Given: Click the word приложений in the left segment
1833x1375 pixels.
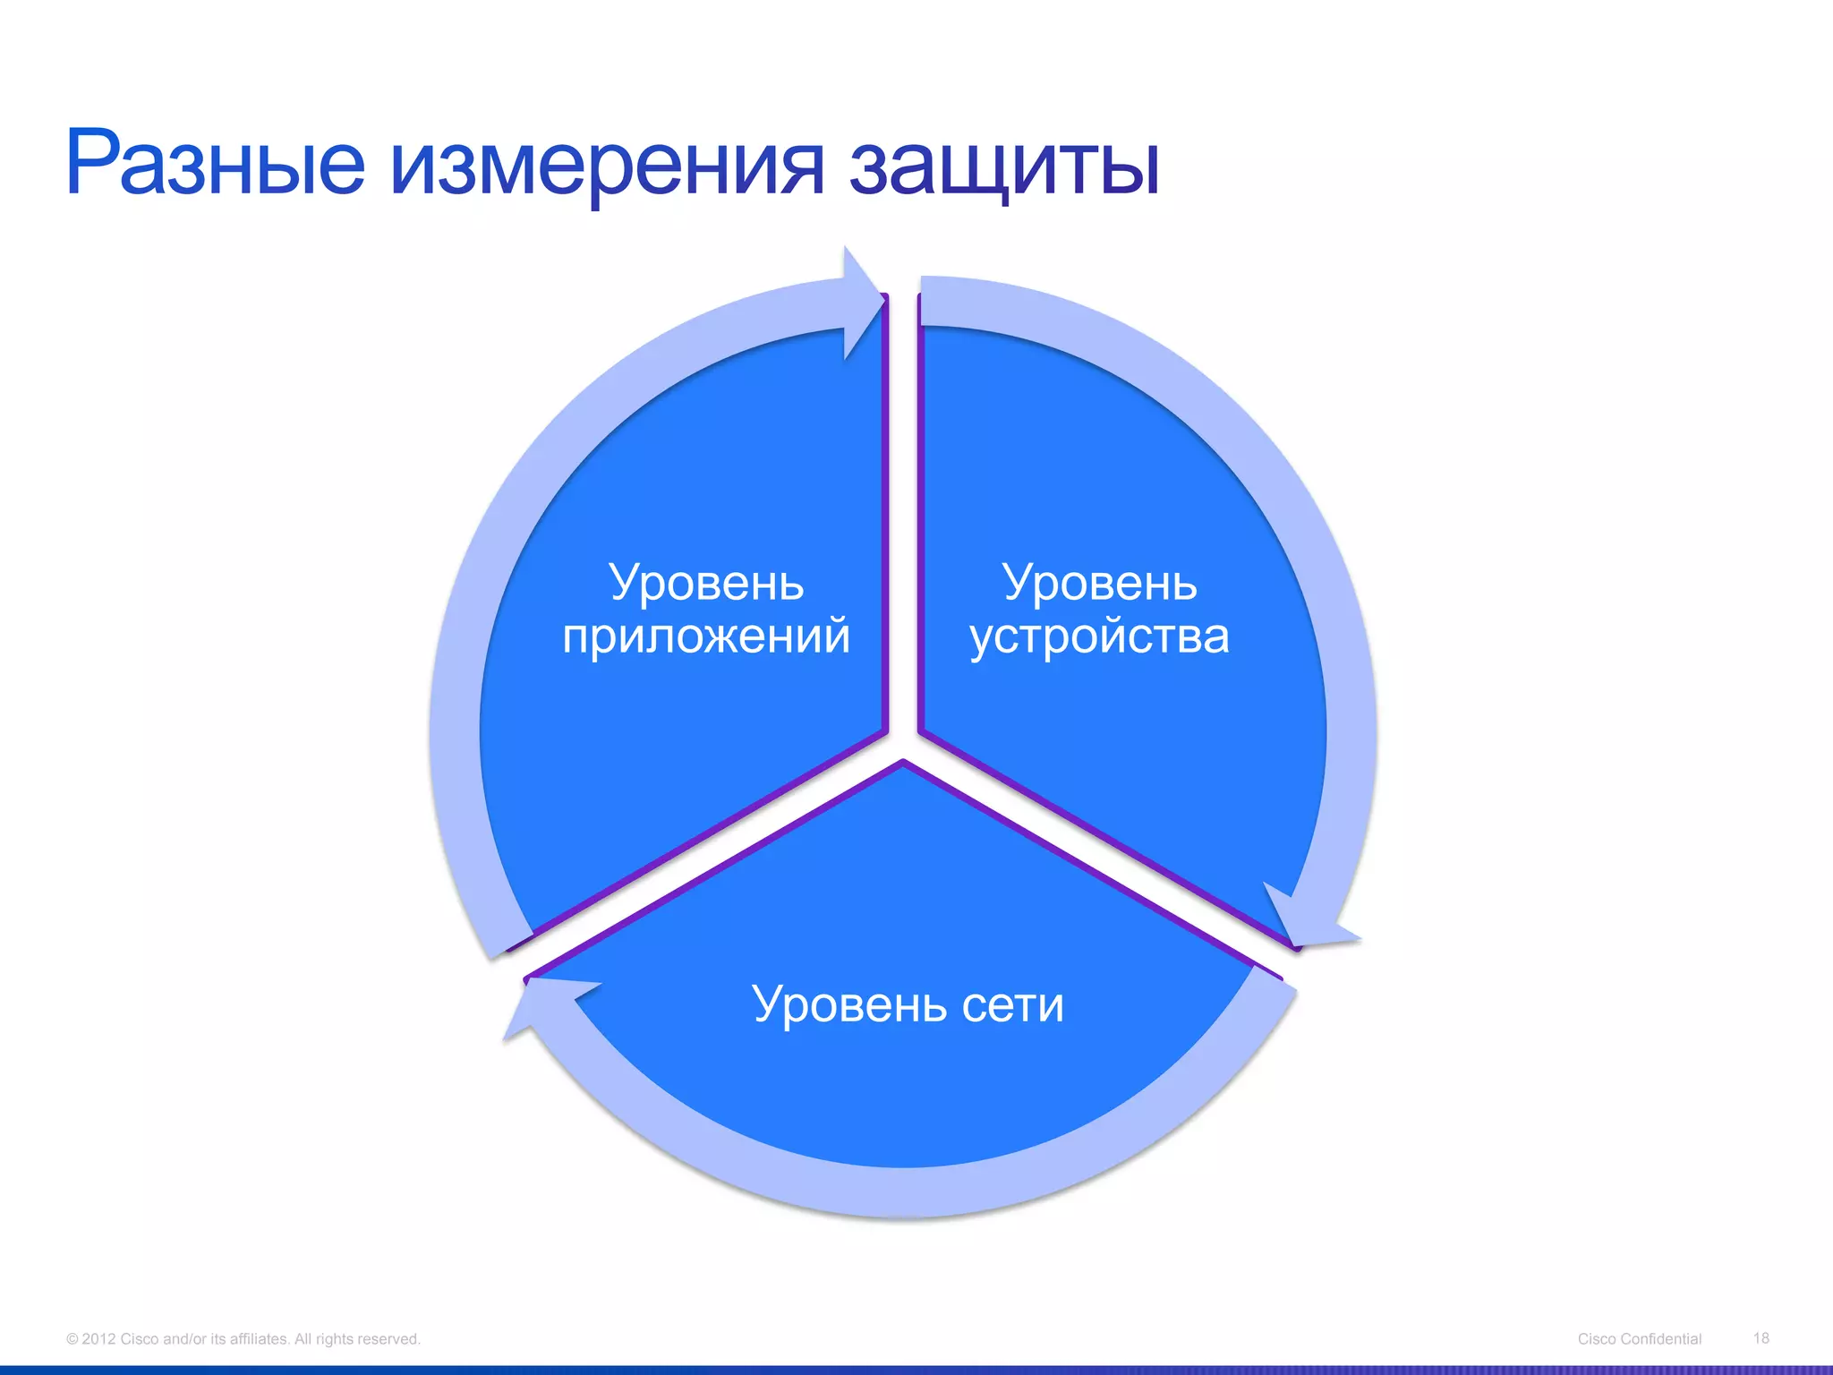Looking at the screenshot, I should (706, 637).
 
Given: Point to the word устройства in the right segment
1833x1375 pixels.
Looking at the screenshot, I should (1099, 637).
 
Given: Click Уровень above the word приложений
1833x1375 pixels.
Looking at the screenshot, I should (706, 583).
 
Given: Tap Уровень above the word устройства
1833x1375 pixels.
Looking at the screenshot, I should (1099, 583).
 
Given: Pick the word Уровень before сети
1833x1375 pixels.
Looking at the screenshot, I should (848, 1004).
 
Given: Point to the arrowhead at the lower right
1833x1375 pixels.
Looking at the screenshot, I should (1307, 922).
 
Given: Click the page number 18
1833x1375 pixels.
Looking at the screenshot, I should (1761, 1338).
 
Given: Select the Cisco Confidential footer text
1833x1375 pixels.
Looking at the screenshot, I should (1639, 1339).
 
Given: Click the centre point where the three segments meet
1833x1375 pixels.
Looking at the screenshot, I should (903, 743).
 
